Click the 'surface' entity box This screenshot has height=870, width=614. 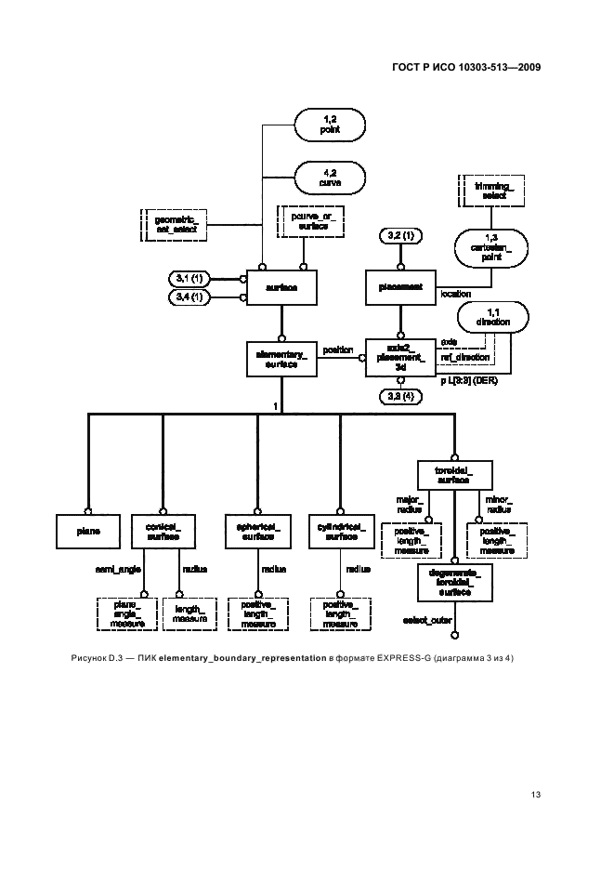click(x=281, y=288)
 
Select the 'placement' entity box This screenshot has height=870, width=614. click(x=400, y=288)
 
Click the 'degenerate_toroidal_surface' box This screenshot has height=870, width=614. click(x=455, y=583)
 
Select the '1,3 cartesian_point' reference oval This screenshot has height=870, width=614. click(x=491, y=249)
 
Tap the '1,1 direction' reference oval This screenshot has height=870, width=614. click(x=492, y=315)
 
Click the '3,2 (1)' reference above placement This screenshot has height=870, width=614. click(x=400, y=235)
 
